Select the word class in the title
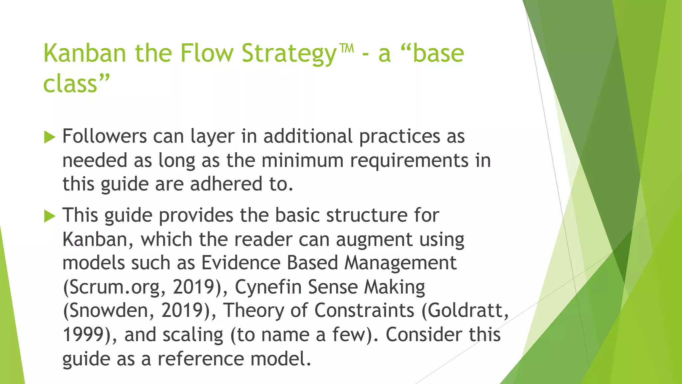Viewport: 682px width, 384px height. pyautogui.click(x=70, y=84)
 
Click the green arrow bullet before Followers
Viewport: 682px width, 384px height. pyautogui.click(x=49, y=137)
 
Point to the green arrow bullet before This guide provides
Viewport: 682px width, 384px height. pyautogui.click(x=49, y=216)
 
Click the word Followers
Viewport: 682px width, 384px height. pyautogui.click(x=105, y=136)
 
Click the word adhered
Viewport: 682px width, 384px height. pyautogui.click(x=226, y=184)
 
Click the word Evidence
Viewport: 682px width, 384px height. pyautogui.click(x=241, y=263)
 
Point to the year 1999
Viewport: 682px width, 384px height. pyautogui.click(x=84, y=335)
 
